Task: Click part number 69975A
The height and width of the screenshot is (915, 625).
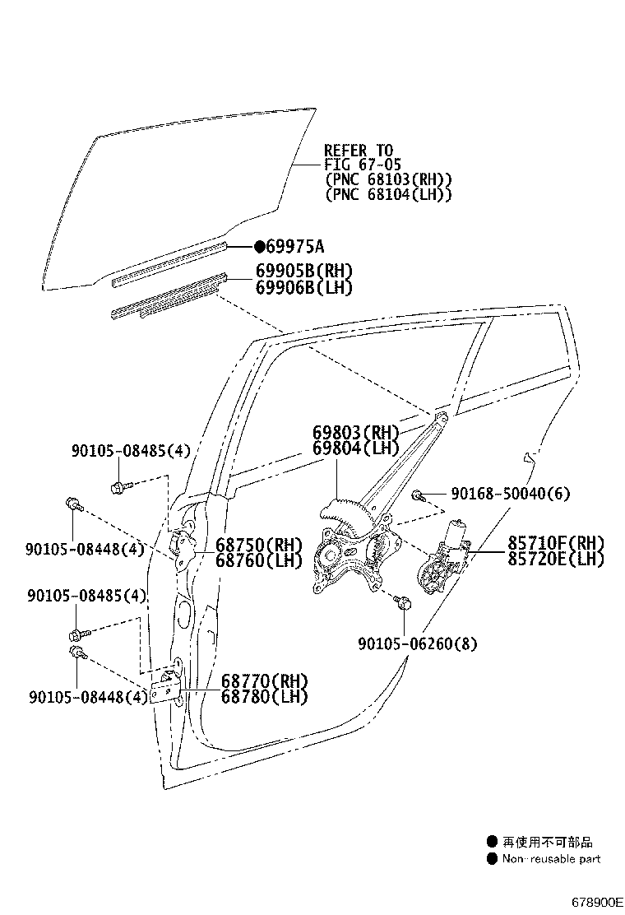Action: coord(295,246)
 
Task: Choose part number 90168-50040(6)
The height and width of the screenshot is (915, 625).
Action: coord(510,494)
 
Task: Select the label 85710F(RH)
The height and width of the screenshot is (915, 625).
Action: coord(555,543)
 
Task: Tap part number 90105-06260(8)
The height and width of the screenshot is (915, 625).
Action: coord(418,643)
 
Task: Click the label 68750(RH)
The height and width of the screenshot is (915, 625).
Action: coord(259,545)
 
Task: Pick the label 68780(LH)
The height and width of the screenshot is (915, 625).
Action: coord(263,696)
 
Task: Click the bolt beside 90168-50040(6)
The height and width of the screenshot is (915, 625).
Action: coord(419,495)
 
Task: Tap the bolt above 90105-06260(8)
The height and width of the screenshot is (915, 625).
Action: coord(402,603)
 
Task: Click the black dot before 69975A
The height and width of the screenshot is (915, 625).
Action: coord(259,246)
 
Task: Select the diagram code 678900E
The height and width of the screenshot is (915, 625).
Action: coord(598,902)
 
